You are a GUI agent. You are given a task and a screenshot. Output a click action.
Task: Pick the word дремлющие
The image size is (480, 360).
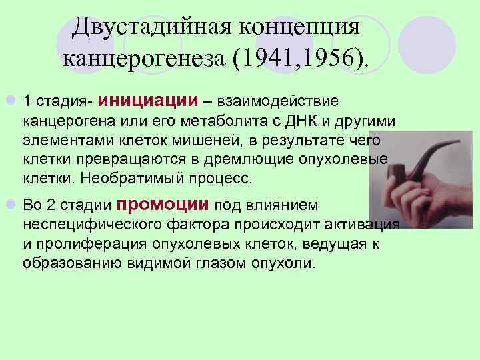coord(258,161)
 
